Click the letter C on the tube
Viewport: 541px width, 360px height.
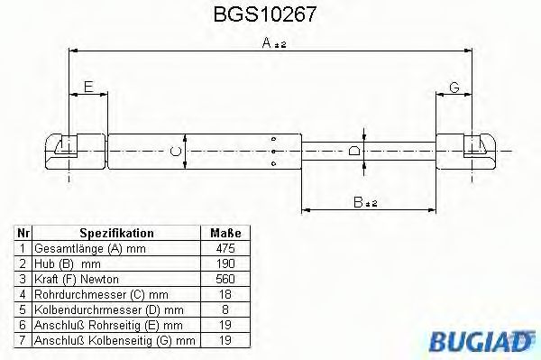[177, 151]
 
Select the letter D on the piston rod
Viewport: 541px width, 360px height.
[354, 151]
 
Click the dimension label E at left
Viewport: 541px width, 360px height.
[87, 87]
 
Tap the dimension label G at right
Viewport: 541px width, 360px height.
[454, 87]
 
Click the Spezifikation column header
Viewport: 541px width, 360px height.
[116, 232]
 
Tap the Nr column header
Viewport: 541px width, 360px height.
[23, 232]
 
